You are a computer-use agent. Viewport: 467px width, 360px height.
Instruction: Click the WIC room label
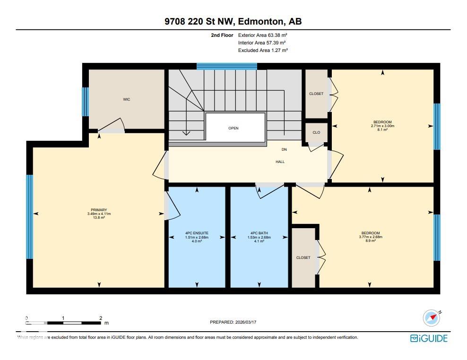pyautogui.click(x=126, y=99)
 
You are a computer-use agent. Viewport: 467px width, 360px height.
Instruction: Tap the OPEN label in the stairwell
pyautogui.click(x=233, y=128)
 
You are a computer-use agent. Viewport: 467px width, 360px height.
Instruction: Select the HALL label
pyautogui.click(x=280, y=162)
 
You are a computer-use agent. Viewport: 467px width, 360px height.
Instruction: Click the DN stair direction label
pyautogui.click(x=284, y=149)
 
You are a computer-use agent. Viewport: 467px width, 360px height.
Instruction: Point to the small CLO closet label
pyautogui.click(x=316, y=132)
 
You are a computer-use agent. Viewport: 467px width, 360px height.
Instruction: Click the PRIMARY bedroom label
pyautogui.click(x=99, y=210)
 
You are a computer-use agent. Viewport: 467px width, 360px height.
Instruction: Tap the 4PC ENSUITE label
pyautogui.click(x=197, y=233)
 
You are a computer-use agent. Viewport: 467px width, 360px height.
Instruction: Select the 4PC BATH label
pyautogui.click(x=259, y=233)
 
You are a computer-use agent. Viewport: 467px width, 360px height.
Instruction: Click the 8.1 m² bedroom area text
pyautogui.click(x=382, y=130)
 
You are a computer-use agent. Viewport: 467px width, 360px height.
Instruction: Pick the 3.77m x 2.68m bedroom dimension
pyautogui.click(x=371, y=237)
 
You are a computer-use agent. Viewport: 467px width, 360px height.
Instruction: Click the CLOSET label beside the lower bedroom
pyautogui.click(x=303, y=257)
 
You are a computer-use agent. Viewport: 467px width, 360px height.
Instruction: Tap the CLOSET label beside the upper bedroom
pyautogui.click(x=316, y=94)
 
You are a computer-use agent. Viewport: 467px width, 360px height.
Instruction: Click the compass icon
pyautogui.click(x=431, y=318)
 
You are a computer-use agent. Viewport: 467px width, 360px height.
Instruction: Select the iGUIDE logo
pyautogui.click(x=428, y=338)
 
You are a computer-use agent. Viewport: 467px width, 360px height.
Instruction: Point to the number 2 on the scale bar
pyautogui.click(x=101, y=318)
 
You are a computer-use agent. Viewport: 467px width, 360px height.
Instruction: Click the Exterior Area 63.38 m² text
pyautogui.click(x=263, y=35)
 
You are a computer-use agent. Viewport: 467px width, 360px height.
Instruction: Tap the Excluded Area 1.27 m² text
pyautogui.click(x=263, y=50)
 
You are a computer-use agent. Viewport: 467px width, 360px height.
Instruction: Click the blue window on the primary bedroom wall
pyautogui.click(x=29, y=217)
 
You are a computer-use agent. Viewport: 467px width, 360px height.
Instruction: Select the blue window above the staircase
pyautogui.click(x=226, y=66)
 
